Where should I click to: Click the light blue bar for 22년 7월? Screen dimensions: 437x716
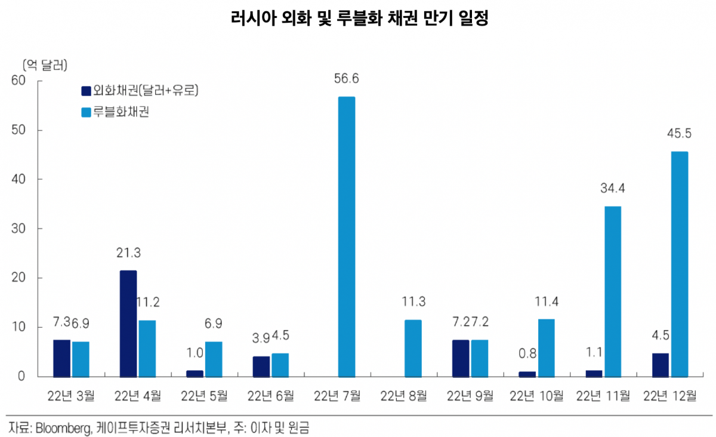346,236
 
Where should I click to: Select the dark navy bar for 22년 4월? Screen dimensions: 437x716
128,324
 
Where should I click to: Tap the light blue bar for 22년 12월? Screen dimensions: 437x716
680,264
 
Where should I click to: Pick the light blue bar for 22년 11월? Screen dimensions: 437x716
613,291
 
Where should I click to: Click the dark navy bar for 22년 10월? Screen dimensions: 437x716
527,374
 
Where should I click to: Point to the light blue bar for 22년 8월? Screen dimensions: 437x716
413,348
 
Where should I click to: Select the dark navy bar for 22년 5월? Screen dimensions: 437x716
195,374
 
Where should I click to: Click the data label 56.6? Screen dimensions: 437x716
346,79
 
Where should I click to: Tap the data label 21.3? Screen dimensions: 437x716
128,253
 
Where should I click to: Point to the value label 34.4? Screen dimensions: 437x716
613,189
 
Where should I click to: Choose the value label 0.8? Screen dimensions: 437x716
527,353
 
